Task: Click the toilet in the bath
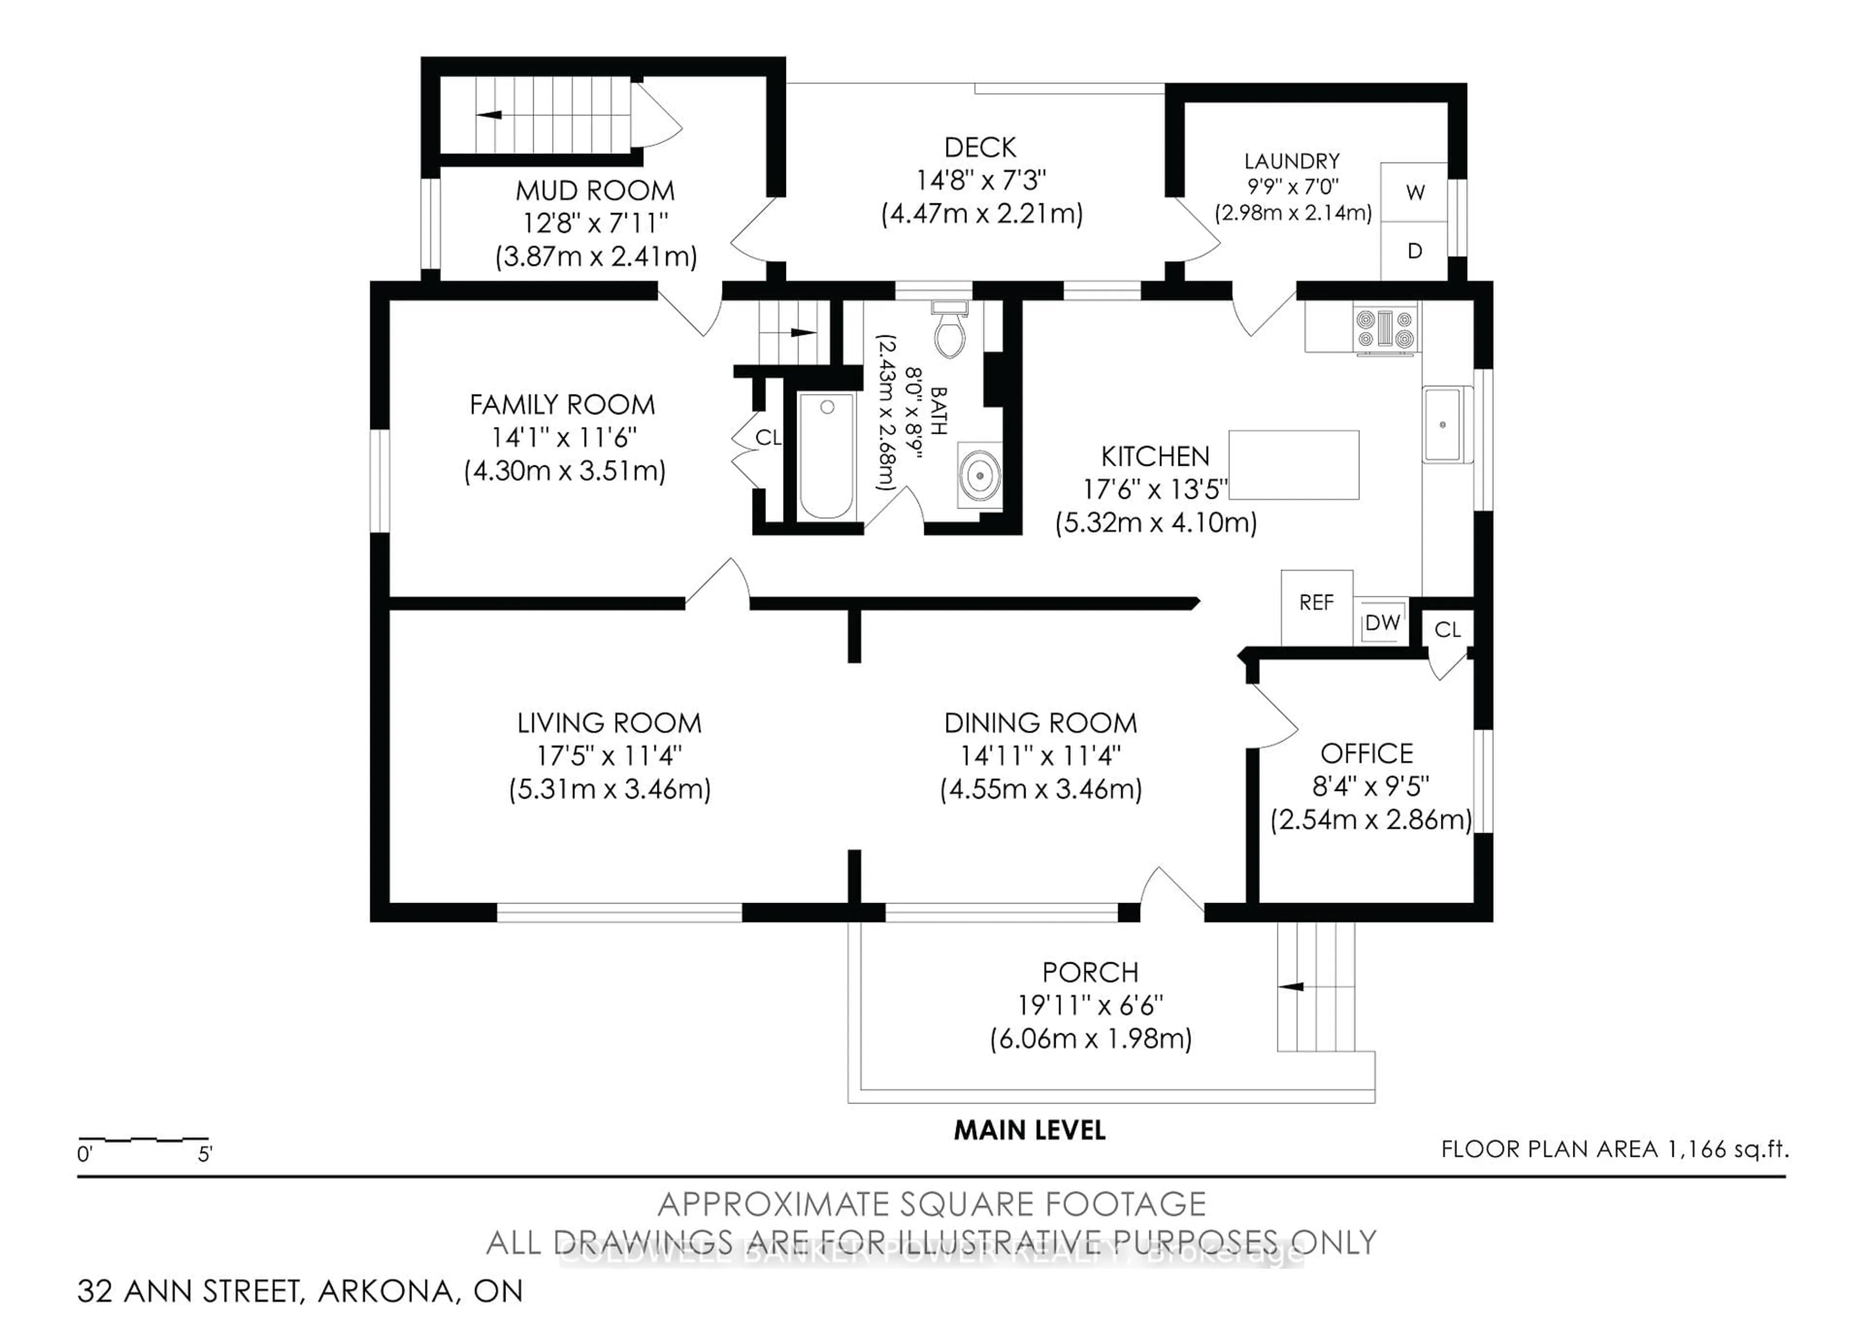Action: tap(950, 333)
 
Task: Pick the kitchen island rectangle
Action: tap(1293, 465)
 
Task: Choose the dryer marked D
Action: tap(1414, 251)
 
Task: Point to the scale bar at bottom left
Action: tap(144, 1141)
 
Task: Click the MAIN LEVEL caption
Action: tap(1029, 1130)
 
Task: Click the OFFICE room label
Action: tap(1366, 754)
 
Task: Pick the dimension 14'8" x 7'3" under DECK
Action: tap(981, 180)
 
